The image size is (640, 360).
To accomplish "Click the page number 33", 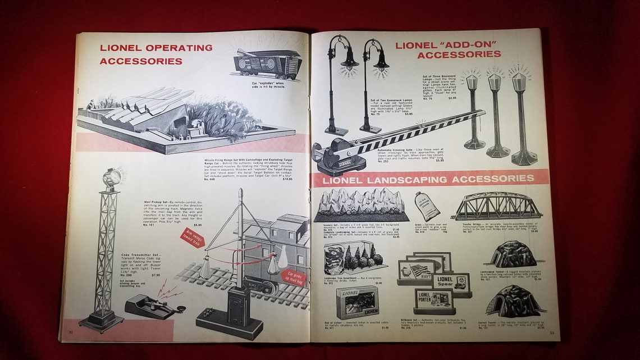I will click(x=552, y=333).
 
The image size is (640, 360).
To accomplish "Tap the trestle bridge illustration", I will click(x=496, y=207).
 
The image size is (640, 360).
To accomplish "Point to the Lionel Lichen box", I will click(x=357, y=302).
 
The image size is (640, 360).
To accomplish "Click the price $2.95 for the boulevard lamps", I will click(x=452, y=98).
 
